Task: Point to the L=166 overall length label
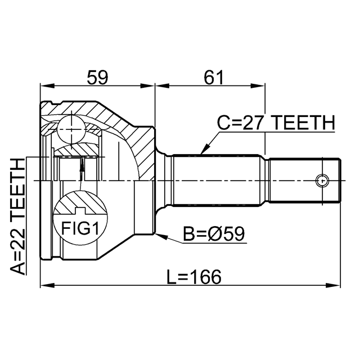click(x=195, y=276)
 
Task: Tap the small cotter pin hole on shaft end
click(x=322, y=181)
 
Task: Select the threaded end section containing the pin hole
click(x=304, y=181)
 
